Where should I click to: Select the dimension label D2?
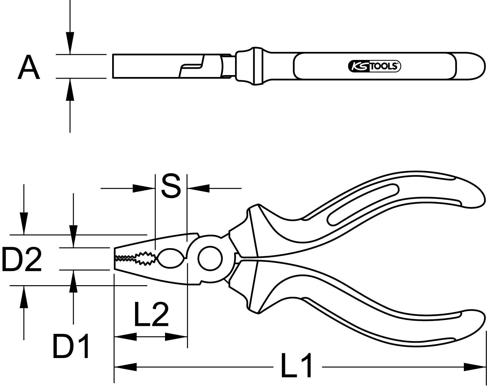(x=22, y=259)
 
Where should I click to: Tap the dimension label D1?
(x=71, y=346)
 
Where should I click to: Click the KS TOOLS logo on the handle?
(x=375, y=66)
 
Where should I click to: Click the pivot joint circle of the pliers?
(x=210, y=258)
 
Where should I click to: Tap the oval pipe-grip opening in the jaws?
(x=170, y=258)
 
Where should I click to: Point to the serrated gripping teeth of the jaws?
(x=135, y=258)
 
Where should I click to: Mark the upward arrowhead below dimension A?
(x=70, y=89)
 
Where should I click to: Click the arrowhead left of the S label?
(x=144, y=188)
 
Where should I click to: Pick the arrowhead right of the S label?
(x=199, y=188)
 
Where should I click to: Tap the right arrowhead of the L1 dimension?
(x=474, y=366)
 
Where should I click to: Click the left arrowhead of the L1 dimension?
(x=126, y=366)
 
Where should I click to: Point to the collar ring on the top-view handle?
(x=258, y=66)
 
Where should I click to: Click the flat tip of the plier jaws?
(x=115, y=258)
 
